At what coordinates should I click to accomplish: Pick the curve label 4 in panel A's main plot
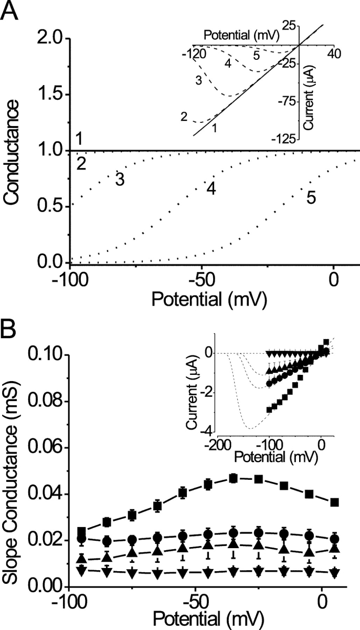(x=211, y=188)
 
